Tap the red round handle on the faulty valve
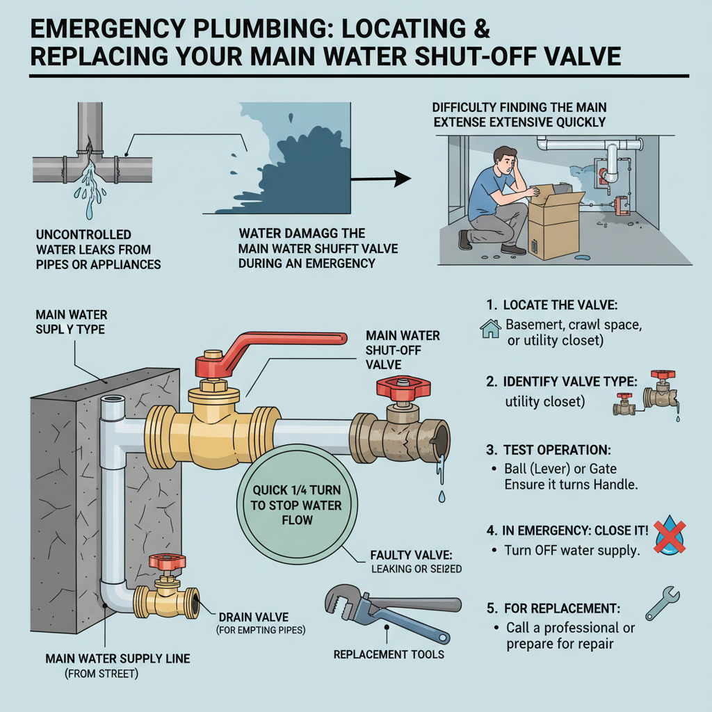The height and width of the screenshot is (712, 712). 400,389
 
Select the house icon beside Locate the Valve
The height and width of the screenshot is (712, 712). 491,328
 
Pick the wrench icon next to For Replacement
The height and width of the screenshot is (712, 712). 661,604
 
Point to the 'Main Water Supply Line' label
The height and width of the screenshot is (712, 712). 118,658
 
